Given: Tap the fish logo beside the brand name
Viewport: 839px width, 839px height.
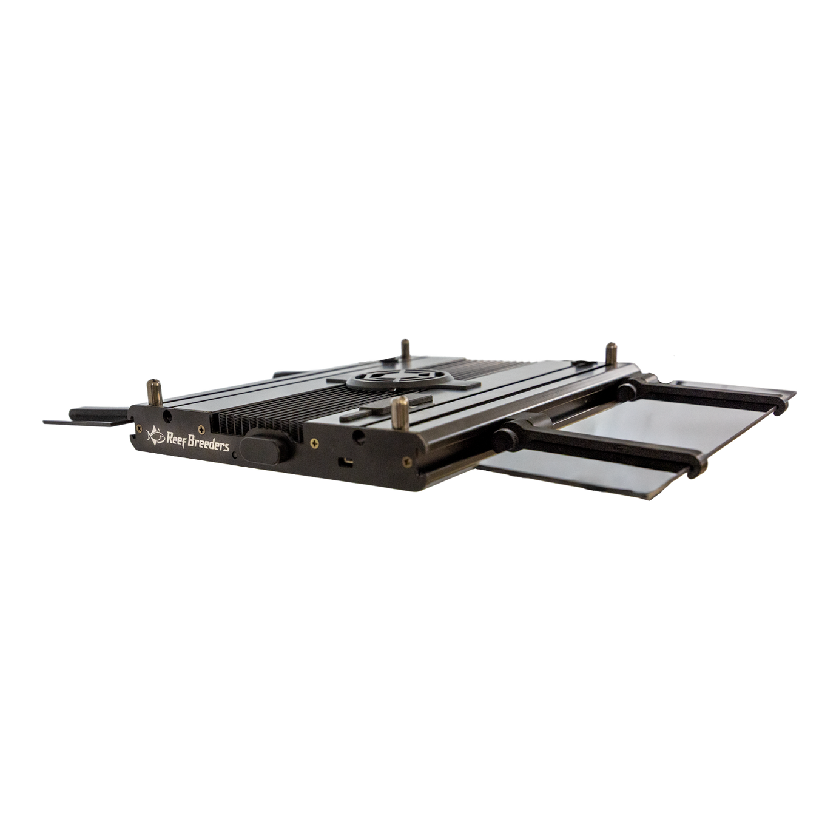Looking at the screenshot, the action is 155,436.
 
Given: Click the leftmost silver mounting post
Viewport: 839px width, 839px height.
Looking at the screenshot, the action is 155,393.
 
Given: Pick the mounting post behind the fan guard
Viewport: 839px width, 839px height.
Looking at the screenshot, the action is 406,349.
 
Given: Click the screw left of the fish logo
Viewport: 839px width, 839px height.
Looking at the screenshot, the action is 139,428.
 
